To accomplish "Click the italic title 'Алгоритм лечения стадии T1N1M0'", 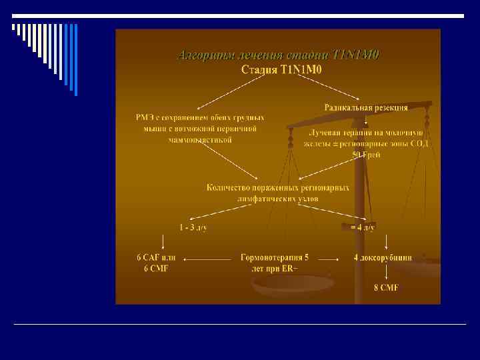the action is pyautogui.click(x=279, y=55).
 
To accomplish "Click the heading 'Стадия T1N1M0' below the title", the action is pyautogui.click(x=279, y=69).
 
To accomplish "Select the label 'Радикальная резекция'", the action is pyautogui.click(x=366, y=107).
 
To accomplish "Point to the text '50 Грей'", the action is pyautogui.click(x=366, y=155).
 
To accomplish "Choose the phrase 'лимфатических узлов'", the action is pyautogui.click(x=277, y=199).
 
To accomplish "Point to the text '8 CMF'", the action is pyautogui.click(x=386, y=288).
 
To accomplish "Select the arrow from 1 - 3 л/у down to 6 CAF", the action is pyautogui.click(x=163, y=241).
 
